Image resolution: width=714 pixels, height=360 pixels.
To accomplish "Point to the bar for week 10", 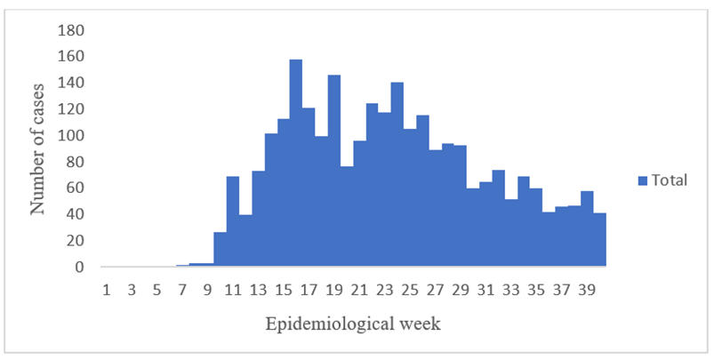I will point(221,250).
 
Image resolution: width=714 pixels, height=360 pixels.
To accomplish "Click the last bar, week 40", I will point(600,240).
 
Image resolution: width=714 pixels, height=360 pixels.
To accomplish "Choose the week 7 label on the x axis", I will point(182,289).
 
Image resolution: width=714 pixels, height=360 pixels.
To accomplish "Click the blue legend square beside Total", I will point(642,180).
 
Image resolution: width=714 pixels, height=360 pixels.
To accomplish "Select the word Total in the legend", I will point(670,180).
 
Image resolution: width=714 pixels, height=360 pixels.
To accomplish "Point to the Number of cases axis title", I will point(38,148).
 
